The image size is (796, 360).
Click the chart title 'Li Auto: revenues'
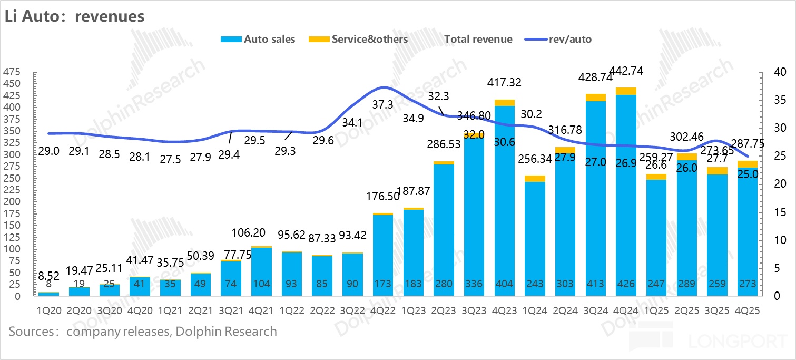point(74,16)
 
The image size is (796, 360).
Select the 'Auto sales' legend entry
point(269,39)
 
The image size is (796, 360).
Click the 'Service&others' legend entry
point(369,39)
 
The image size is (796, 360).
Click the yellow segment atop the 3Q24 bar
point(595,97)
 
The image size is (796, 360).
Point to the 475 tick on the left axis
point(12,72)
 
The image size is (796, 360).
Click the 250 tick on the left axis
point(12,178)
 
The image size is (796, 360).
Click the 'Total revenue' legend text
point(478,39)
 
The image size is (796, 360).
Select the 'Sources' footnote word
point(31,332)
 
